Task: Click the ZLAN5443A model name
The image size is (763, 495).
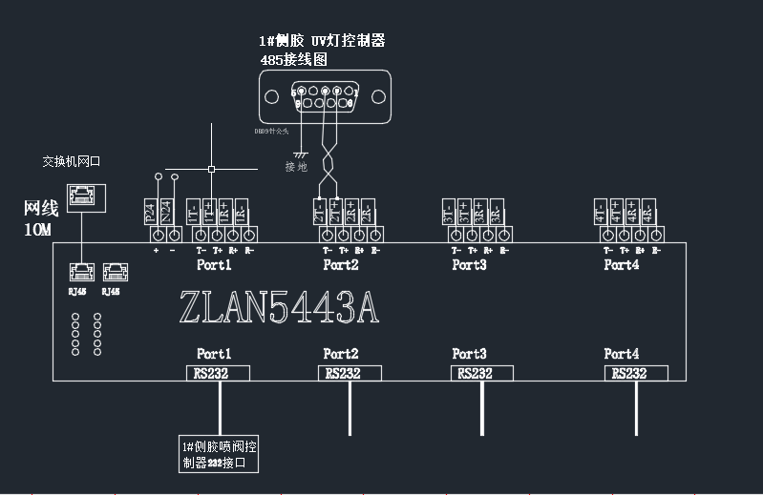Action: point(279,307)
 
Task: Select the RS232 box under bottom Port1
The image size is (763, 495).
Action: point(218,373)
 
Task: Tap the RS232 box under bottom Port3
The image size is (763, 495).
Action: point(481,373)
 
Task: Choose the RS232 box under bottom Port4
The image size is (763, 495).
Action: point(636,373)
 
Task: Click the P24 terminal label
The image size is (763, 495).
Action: point(150,211)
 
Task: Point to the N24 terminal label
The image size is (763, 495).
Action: point(166,211)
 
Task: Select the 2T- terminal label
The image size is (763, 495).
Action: point(319,211)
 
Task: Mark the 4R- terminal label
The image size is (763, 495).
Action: point(648,211)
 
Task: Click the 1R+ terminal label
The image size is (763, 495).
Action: point(223,211)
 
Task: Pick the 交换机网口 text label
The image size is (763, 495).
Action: point(71,161)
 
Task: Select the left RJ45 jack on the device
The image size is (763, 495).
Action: point(79,272)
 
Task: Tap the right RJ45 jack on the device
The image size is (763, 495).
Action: point(112,272)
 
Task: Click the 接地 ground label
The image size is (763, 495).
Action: point(297,168)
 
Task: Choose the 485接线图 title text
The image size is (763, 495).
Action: point(294,58)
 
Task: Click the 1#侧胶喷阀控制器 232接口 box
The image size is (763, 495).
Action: point(220,455)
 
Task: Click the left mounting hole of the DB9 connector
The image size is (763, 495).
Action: point(274,95)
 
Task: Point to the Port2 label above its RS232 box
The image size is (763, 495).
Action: point(341,354)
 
